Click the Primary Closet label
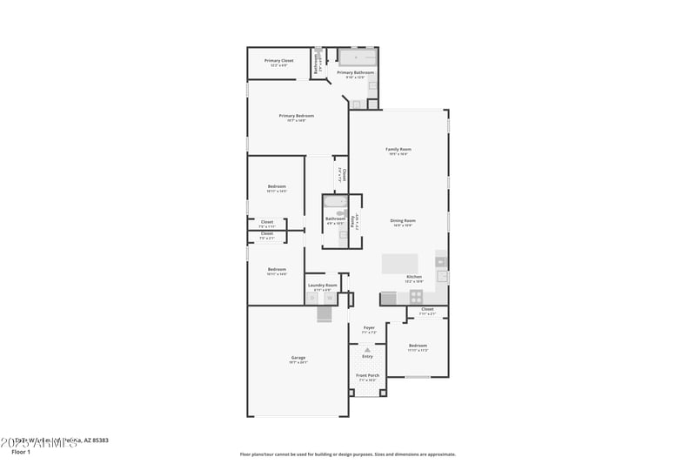[281, 61]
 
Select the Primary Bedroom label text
[296, 116]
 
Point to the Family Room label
[398, 150]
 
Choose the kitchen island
[399, 263]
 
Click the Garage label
[298, 358]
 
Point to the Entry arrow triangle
[367, 349]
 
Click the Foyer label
[369, 328]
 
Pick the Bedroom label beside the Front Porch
[418, 346]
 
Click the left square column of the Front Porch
[352, 393]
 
